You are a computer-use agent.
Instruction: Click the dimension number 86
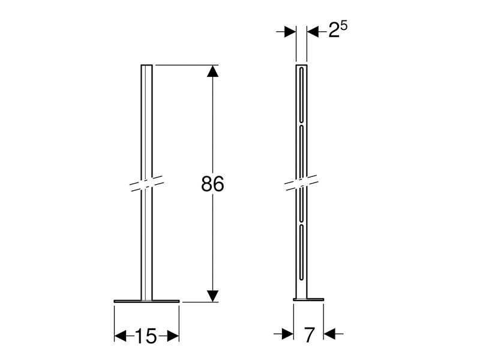[212, 185]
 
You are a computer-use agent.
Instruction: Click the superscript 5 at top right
[345, 26]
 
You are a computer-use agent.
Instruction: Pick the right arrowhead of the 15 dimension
[173, 336]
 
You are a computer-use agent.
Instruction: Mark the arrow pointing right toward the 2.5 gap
[290, 32]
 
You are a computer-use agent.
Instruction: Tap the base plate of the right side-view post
[308, 299]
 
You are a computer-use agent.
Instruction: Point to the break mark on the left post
[146, 183]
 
